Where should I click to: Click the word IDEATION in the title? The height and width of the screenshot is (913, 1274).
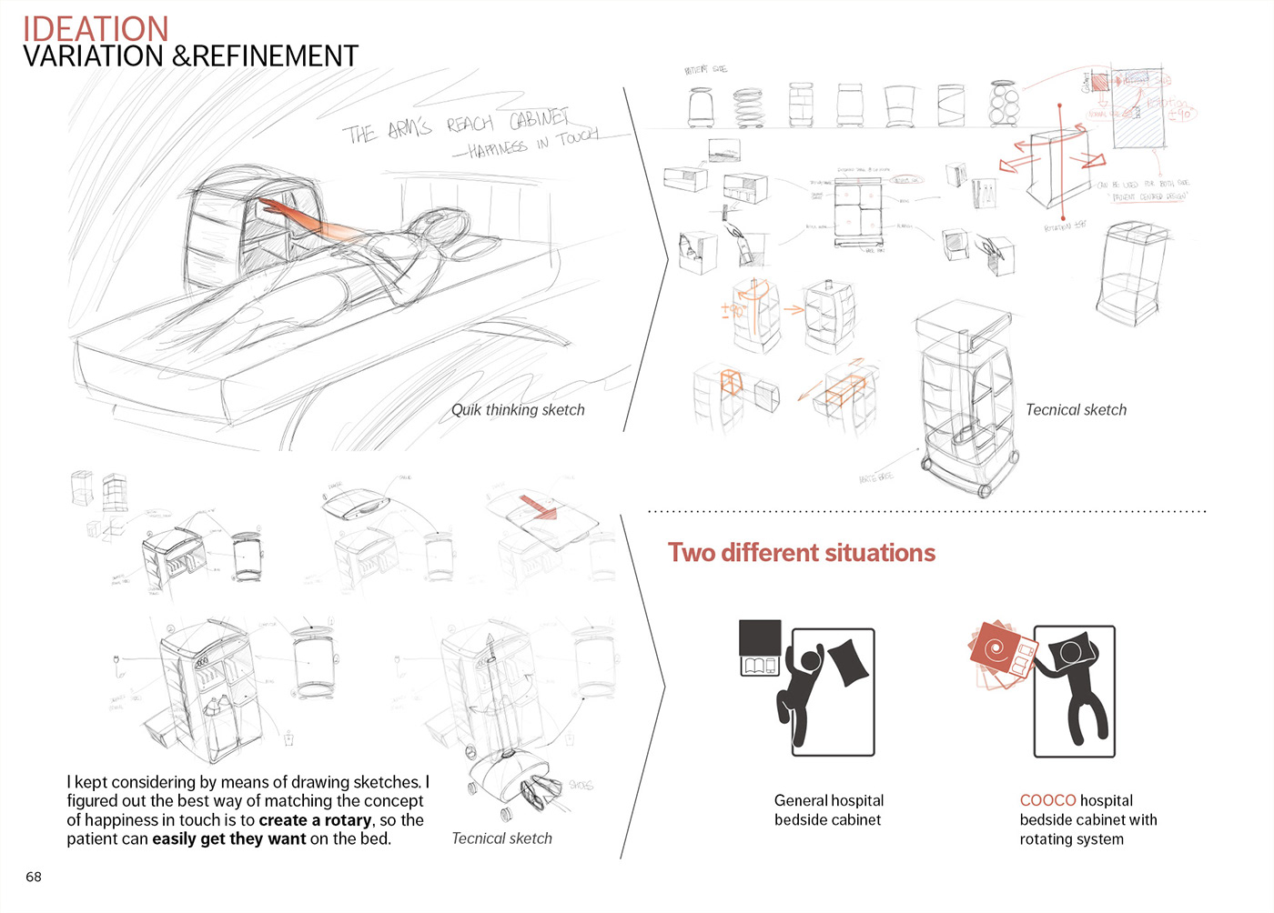(x=96, y=28)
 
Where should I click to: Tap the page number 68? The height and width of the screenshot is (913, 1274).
(x=34, y=877)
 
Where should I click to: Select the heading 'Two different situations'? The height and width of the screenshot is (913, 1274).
(x=801, y=553)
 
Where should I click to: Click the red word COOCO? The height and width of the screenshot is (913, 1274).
(x=1047, y=800)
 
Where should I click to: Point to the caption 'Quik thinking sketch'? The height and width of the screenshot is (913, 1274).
(x=518, y=410)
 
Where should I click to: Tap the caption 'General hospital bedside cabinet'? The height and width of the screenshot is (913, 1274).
(x=828, y=809)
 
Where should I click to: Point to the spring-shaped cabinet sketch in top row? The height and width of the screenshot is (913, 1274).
(x=749, y=106)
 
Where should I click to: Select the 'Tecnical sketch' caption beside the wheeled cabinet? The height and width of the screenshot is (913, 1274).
(x=1076, y=410)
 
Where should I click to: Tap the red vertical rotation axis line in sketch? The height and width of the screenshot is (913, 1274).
(x=1060, y=164)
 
